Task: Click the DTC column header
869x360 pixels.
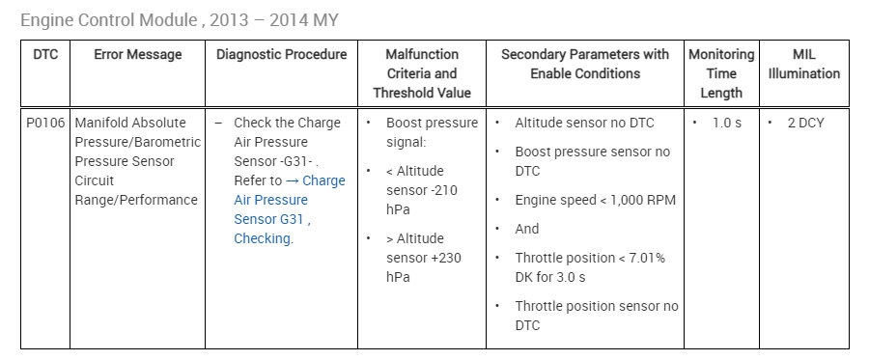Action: pyautogui.click(x=45, y=55)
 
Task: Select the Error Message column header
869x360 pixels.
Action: pyautogui.click(x=137, y=55)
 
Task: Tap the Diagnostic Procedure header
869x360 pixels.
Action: pyautogui.click(x=281, y=55)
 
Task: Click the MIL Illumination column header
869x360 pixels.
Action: pyautogui.click(x=803, y=64)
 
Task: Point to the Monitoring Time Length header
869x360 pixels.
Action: pyautogui.click(x=721, y=73)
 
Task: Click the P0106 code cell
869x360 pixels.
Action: pyautogui.click(x=45, y=123)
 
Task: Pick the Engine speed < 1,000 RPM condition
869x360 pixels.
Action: pyautogui.click(x=595, y=200)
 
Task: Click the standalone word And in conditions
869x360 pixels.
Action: pyautogui.click(x=527, y=229)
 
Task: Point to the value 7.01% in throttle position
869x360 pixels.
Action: pyautogui.click(x=646, y=258)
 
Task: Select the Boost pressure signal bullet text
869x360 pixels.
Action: pyautogui.click(x=432, y=132)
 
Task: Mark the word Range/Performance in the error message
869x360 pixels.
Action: pyautogui.click(x=136, y=200)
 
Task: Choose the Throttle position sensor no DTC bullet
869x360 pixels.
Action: pyautogui.click(x=596, y=316)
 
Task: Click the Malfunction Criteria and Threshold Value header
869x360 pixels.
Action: pyautogui.click(x=422, y=73)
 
